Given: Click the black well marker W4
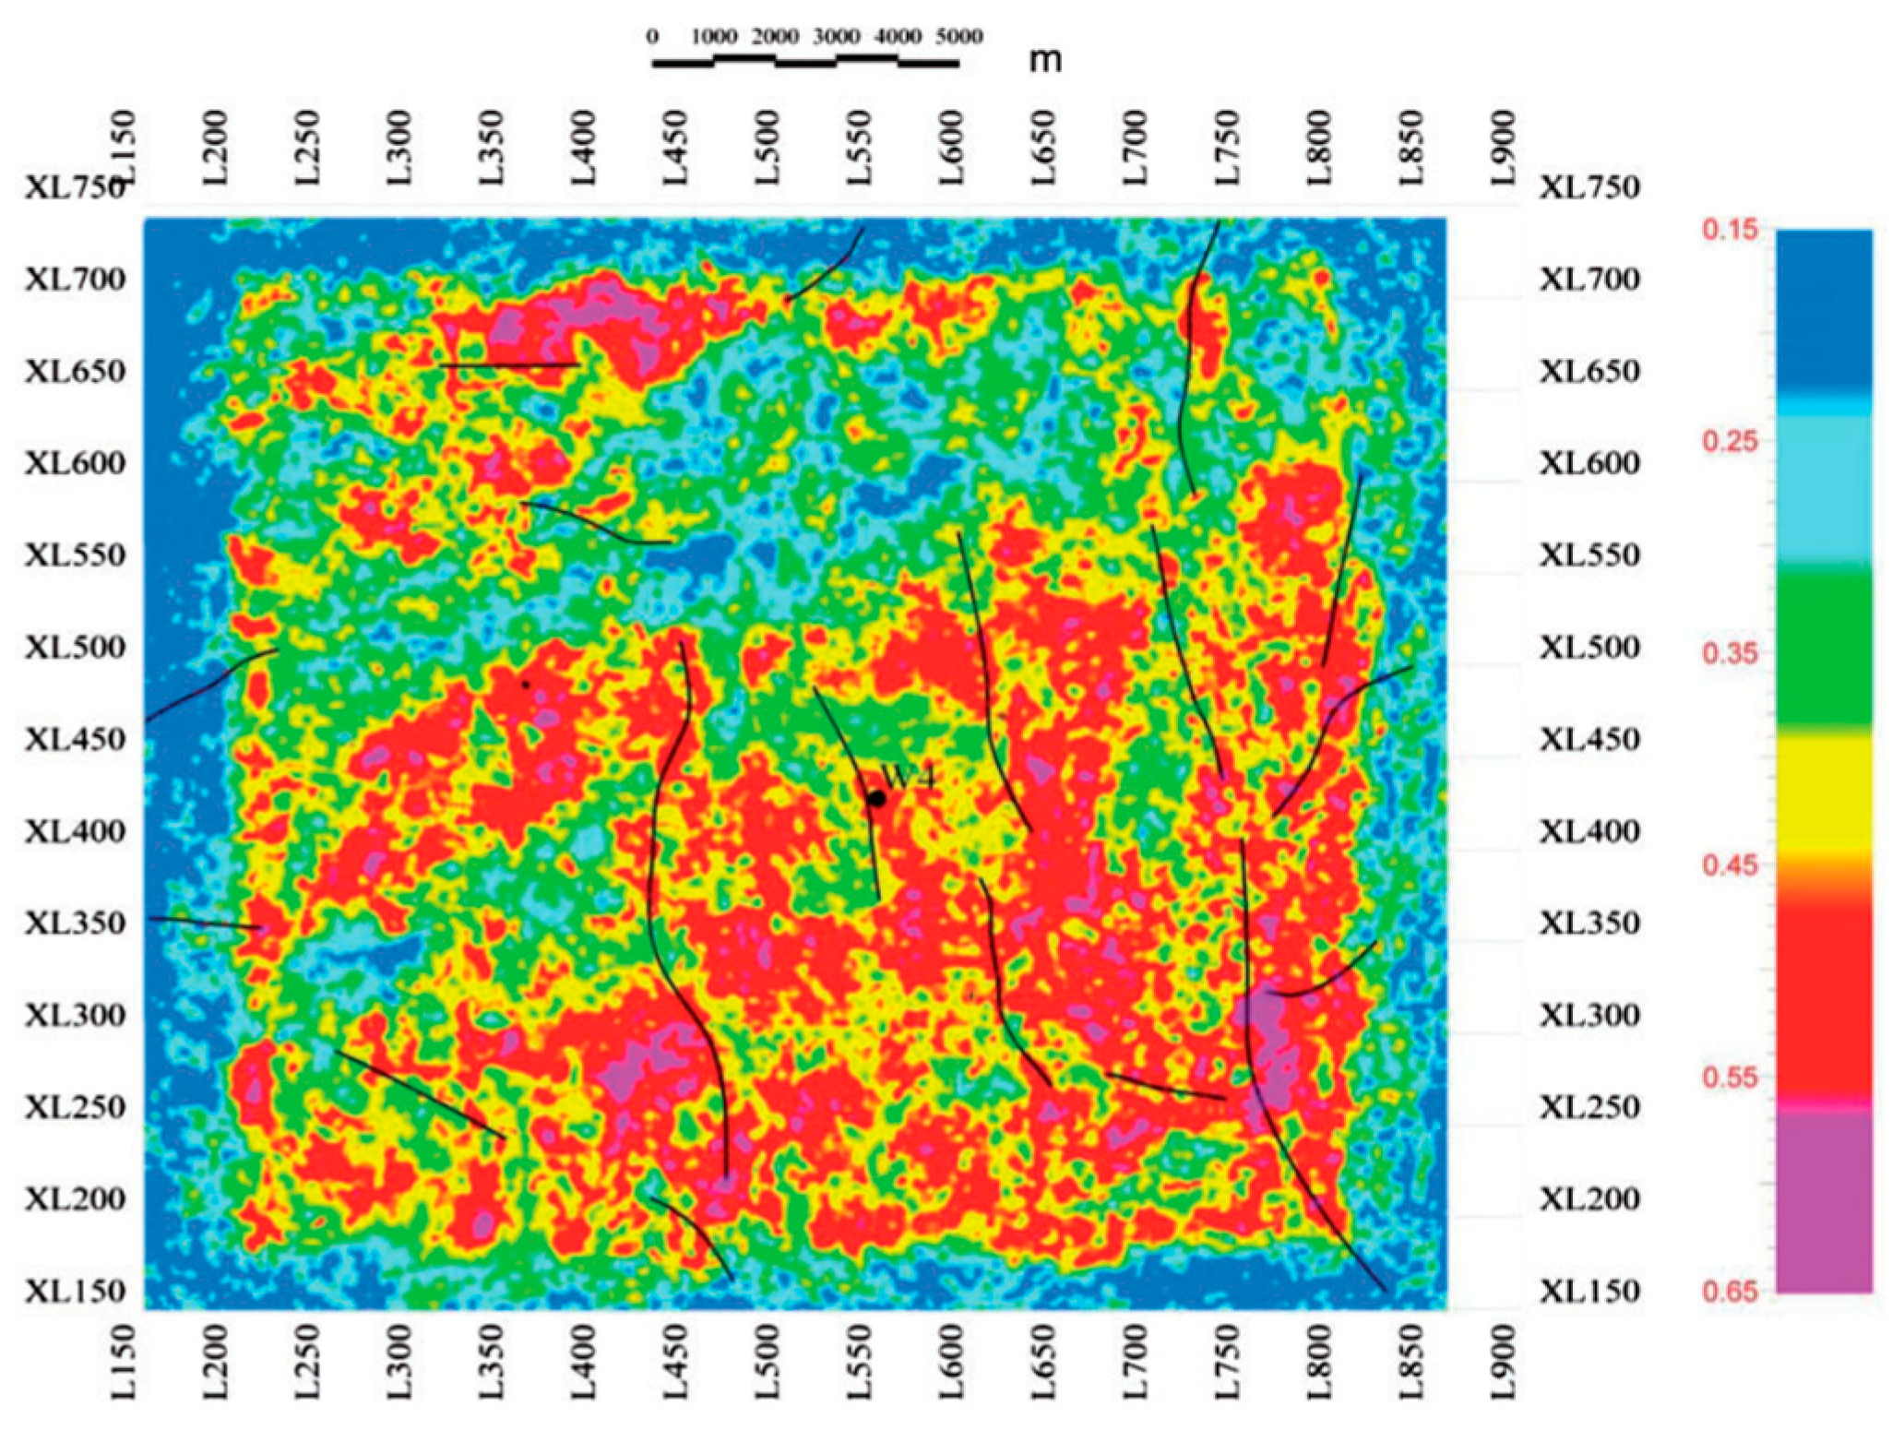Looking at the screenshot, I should point(876,798).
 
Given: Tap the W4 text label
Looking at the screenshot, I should point(909,778).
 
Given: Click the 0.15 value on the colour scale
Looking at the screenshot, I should point(1730,229).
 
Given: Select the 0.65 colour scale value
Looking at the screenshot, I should point(1730,1290).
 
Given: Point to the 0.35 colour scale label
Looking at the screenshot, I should point(1730,653).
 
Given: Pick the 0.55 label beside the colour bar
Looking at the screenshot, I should point(1730,1078).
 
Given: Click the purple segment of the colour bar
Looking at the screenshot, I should point(1824,1199).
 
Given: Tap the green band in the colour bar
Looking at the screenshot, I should point(1824,646).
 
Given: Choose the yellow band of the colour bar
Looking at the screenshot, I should point(1824,789).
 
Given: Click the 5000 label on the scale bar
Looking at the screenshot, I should point(959,37).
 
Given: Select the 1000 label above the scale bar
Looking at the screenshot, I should point(714,37).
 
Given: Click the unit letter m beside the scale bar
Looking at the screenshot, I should point(1045,60).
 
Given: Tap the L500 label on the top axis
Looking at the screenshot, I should point(768,148).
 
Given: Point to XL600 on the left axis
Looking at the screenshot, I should point(76,463).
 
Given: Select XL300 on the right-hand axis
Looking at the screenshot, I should point(1589,1015).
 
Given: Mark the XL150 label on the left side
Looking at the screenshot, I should point(76,1291).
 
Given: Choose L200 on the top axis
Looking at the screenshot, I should point(215,148).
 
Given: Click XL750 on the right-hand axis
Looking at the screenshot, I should point(1589,187).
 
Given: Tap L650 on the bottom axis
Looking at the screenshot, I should point(1043,1363).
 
